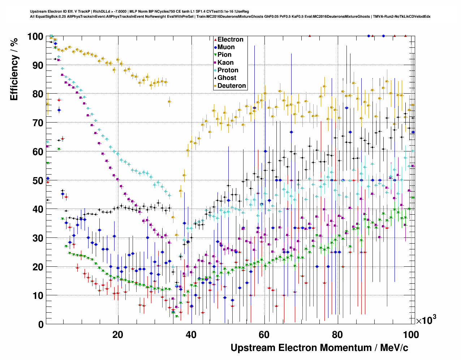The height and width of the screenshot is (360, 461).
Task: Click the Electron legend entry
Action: point(230,39)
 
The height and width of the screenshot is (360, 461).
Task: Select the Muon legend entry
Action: point(226,47)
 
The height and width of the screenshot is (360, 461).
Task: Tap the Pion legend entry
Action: point(224,55)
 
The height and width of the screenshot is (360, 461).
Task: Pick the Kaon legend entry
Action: point(225,63)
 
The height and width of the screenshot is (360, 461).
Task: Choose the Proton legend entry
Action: point(228,70)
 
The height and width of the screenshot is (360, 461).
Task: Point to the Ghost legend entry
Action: point(227,78)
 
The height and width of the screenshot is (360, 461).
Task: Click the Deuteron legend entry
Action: point(231,86)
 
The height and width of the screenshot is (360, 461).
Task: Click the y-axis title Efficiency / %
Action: point(14,69)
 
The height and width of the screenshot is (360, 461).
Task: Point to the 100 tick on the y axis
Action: point(35,37)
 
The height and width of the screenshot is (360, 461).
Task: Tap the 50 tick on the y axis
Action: point(38,180)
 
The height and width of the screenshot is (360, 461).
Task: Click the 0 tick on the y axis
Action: point(40,324)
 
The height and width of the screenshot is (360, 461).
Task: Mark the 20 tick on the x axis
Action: point(118,334)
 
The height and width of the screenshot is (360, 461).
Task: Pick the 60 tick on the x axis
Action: point(264,334)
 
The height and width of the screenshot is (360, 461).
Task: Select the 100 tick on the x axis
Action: point(411,334)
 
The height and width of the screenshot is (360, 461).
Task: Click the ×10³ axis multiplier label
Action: point(426,320)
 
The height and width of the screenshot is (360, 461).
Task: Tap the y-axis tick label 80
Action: point(38,94)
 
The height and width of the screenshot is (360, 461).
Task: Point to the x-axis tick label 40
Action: point(191,334)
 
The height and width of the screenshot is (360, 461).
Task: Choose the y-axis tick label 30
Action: point(38,238)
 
